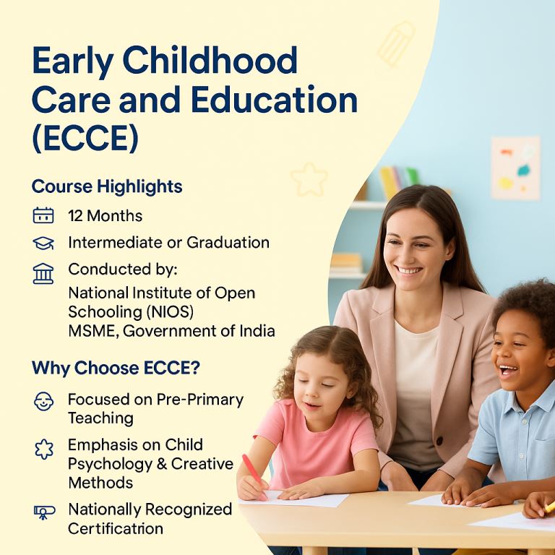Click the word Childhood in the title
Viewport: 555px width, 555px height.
click(210, 61)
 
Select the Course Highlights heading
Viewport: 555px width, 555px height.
click(107, 186)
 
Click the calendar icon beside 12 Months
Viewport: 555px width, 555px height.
click(43, 215)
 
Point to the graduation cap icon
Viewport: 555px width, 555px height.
click(43, 243)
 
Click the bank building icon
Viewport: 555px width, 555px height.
click(43, 274)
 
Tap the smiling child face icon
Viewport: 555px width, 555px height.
click(43, 401)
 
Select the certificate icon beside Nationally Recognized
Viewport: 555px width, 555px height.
click(44, 512)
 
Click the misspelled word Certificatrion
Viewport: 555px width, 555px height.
click(116, 529)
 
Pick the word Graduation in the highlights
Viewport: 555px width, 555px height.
click(228, 243)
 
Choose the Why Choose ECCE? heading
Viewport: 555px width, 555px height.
click(116, 368)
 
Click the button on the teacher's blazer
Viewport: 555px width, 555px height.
click(439, 442)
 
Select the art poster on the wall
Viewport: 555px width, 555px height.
click(516, 168)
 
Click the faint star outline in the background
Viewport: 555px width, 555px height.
click(309, 179)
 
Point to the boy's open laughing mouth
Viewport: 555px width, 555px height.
click(508, 371)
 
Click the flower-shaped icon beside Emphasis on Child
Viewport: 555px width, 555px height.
click(44, 449)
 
